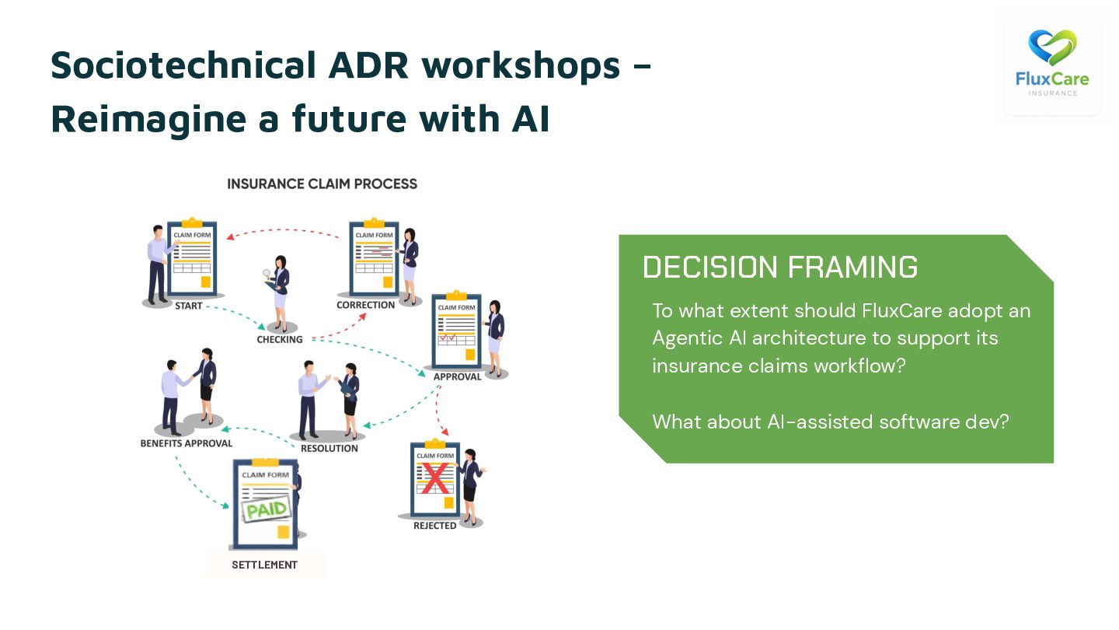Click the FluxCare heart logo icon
point(1052,47)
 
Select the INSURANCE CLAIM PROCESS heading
point(322,184)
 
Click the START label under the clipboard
point(188,306)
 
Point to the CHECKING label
point(280,339)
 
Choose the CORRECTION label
point(365,305)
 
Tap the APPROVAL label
point(457,376)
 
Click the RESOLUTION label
point(329,448)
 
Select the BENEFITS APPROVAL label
point(186,443)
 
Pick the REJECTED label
point(434,526)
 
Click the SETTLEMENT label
point(264,565)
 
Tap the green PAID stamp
point(267,510)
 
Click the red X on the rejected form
point(436,478)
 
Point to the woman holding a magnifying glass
point(278,292)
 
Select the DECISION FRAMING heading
point(780,268)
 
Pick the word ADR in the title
point(368,65)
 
